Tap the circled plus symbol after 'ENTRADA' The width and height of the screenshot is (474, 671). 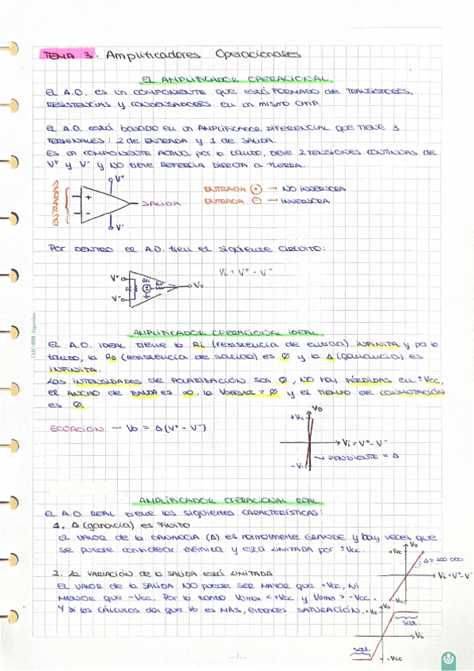[x=255, y=190]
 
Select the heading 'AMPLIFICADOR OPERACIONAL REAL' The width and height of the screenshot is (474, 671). [x=230, y=500]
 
